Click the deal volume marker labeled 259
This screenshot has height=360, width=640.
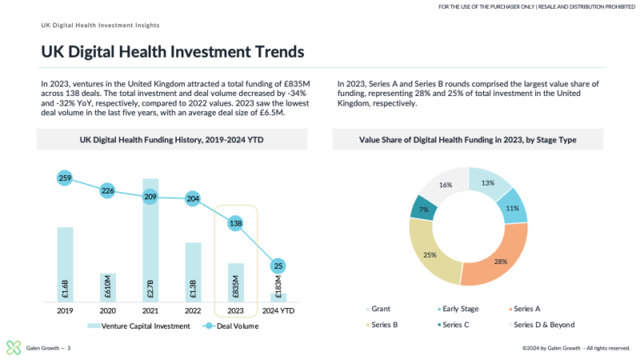(x=65, y=178)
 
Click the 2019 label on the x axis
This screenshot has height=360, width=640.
(x=65, y=311)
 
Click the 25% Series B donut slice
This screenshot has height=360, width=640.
(x=429, y=254)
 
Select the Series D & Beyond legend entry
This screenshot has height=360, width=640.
(x=539, y=325)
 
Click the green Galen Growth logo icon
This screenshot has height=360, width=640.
(x=14, y=347)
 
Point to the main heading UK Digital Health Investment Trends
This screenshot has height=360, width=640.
(x=173, y=53)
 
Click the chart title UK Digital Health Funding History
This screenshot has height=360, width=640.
(x=171, y=140)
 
